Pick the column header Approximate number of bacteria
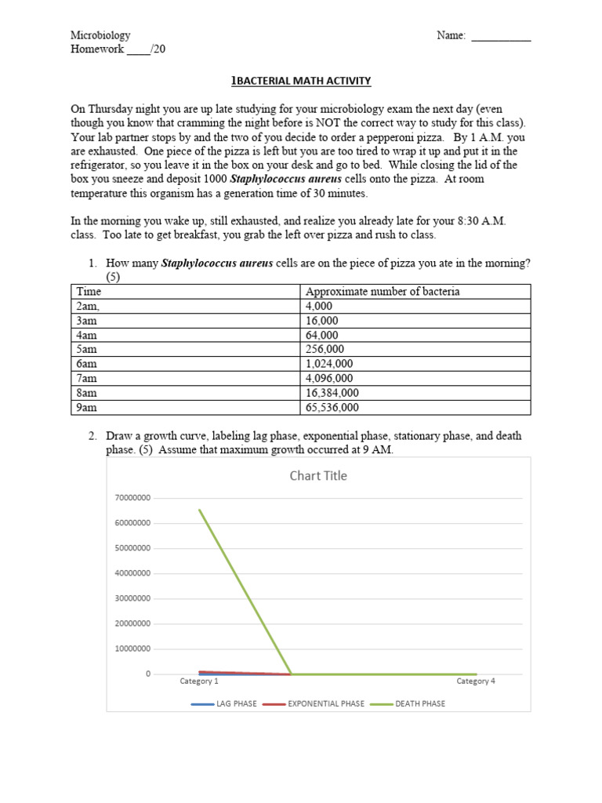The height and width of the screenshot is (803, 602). pyautogui.click(x=383, y=292)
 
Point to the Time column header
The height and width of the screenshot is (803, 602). pyautogui.click(x=89, y=292)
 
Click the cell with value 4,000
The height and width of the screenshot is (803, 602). pyautogui.click(x=320, y=306)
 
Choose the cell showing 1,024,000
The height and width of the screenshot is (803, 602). pyautogui.click(x=329, y=364)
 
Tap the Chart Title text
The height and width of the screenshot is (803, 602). pyautogui.click(x=318, y=475)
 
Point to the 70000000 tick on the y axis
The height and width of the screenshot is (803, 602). pyautogui.click(x=132, y=498)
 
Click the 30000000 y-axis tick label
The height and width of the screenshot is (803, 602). pyautogui.click(x=132, y=598)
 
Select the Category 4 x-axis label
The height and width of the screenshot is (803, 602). pyautogui.click(x=476, y=681)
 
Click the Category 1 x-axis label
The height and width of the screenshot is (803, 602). pyautogui.click(x=199, y=681)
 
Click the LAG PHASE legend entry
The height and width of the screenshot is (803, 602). pyautogui.click(x=236, y=703)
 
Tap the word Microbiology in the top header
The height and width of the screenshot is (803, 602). pyautogui.click(x=100, y=35)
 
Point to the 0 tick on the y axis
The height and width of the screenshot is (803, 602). pyautogui.click(x=147, y=674)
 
